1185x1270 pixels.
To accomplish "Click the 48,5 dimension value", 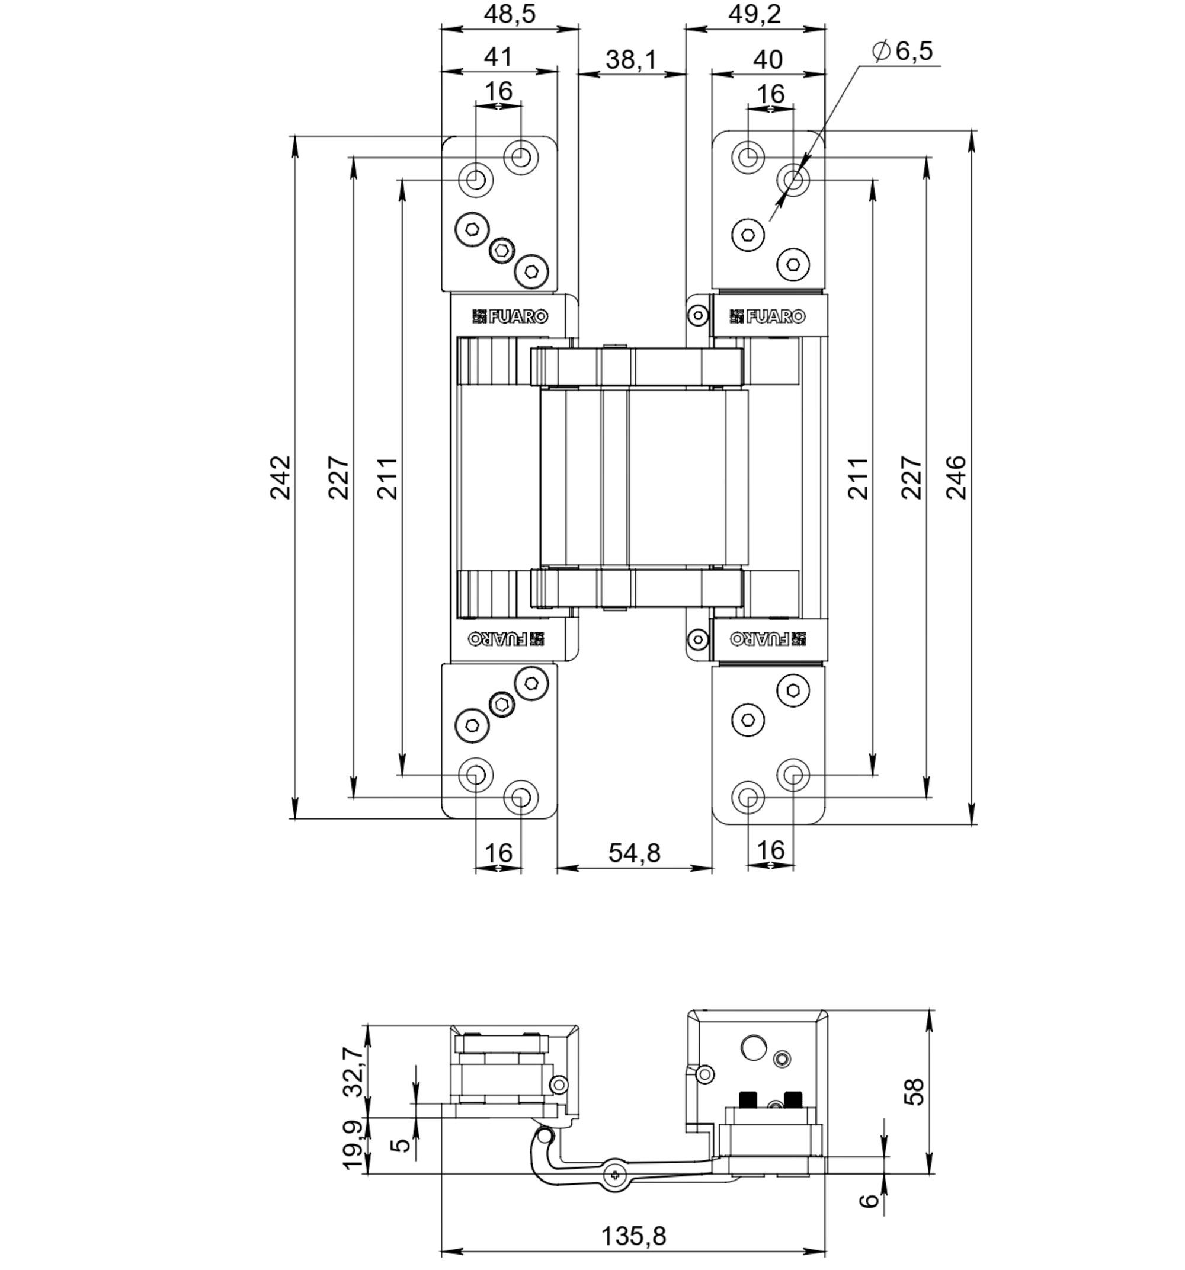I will (509, 14).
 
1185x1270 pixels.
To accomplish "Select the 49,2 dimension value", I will (754, 14).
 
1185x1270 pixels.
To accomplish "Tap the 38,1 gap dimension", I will (630, 60).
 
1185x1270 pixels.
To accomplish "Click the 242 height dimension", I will (280, 477).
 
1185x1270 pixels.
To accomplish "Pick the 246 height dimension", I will (956, 477).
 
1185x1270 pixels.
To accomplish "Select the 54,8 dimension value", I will (634, 853).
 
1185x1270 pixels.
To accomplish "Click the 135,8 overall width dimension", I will (633, 1236).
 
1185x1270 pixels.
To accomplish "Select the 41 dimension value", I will (498, 57).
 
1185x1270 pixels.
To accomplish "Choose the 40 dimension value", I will (767, 60).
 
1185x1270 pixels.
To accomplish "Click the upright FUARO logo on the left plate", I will (510, 316).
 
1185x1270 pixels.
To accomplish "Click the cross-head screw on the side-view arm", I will (614, 1173).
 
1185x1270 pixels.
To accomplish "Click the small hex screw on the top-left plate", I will (501, 251).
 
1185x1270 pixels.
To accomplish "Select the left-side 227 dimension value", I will (338, 477).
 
